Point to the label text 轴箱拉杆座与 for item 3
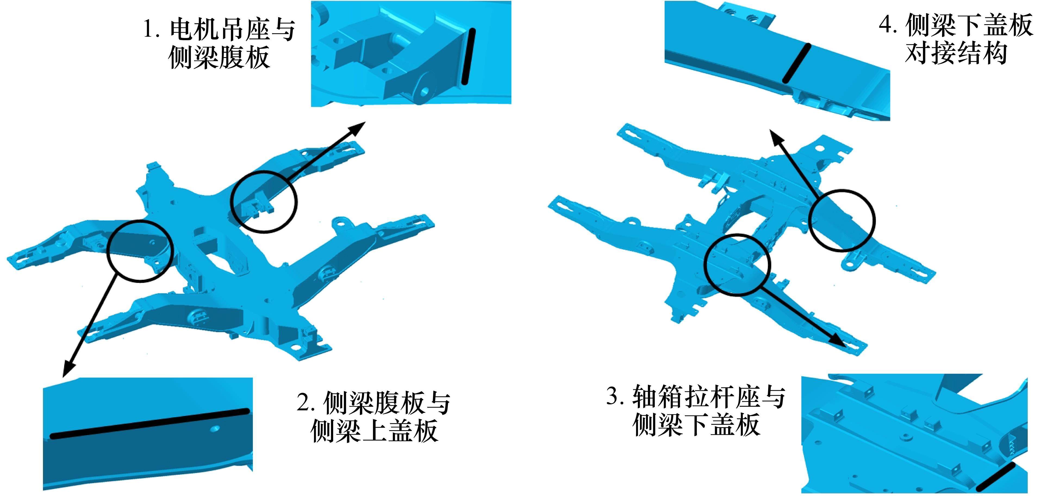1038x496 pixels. pos(709,396)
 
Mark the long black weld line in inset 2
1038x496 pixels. pos(149,423)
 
